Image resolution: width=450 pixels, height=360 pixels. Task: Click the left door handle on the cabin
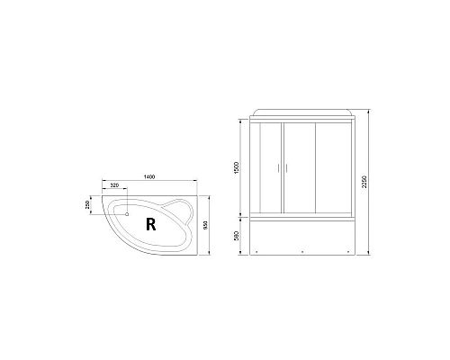(282, 168)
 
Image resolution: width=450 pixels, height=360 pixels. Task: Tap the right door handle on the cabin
(288, 168)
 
